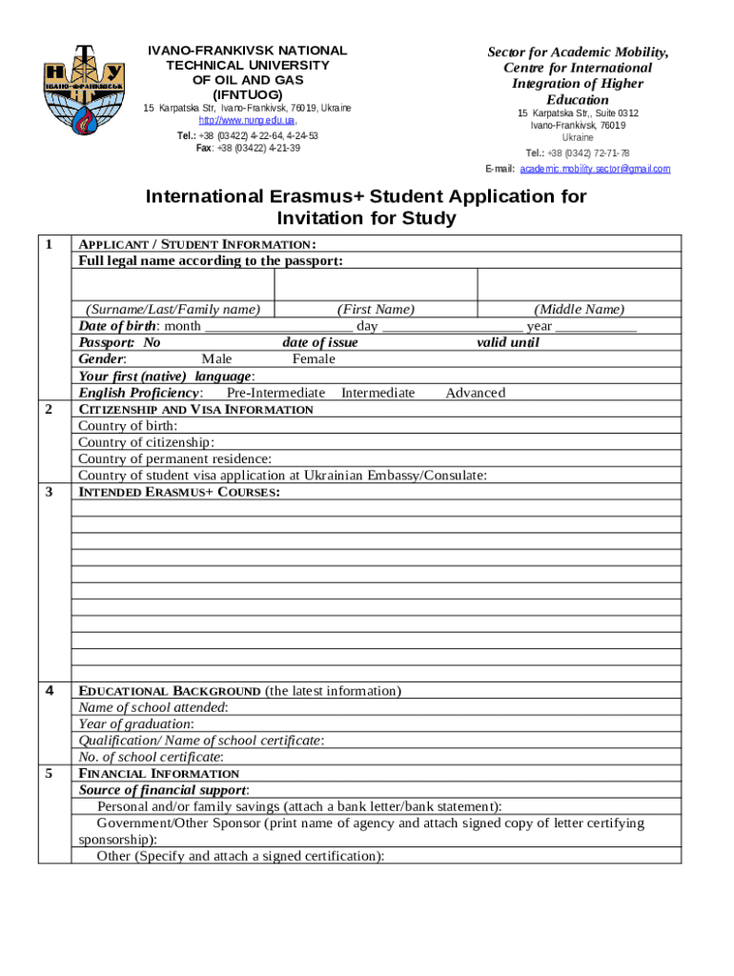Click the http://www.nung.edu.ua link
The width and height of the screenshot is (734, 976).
247,121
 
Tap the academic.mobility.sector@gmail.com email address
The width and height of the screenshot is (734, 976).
595,169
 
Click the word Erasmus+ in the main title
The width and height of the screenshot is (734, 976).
330,197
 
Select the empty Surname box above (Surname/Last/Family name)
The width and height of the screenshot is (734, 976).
173,285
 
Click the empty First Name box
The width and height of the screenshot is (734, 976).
375,285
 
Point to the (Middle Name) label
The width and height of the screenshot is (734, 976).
579,310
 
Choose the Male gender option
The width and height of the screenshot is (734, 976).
216,359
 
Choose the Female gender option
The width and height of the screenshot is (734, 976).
314,359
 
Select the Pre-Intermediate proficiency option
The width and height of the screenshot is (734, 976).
275,393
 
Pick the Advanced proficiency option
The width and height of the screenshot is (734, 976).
475,393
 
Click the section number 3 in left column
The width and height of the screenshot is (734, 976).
49,492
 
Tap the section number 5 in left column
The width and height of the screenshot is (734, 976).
49,773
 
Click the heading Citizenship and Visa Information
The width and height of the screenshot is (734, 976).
195,409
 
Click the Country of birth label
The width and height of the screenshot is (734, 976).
127,426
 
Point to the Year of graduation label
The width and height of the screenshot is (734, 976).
135,723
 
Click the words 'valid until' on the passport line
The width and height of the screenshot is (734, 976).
507,343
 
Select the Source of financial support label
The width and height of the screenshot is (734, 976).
163,790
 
